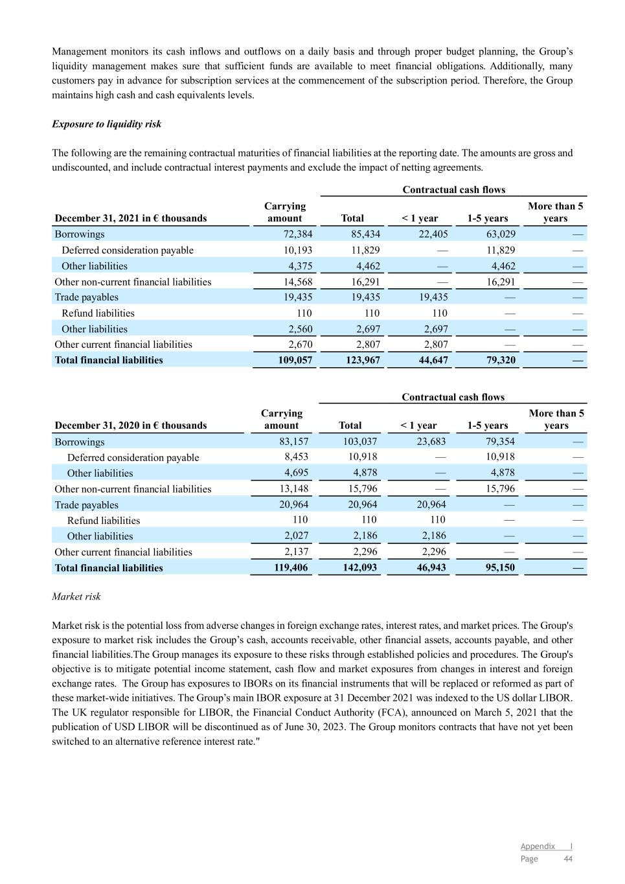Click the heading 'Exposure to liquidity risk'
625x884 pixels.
tap(106, 124)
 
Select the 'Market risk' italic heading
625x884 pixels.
tap(76, 596)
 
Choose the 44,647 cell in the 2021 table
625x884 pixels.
tap(431, 360)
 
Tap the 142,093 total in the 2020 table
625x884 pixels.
tap(360, 568)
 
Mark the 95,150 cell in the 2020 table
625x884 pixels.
tap(497, 568)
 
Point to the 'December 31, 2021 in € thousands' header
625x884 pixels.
tap(131, 218)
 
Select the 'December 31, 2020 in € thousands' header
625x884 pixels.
tap(131, 425)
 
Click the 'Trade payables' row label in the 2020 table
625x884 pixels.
tap(86, 505)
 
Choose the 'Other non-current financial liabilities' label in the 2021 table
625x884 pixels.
tap(133, 282)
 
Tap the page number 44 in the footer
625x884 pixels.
tap(568, 859)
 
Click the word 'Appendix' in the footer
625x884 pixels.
tap(538, 846)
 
